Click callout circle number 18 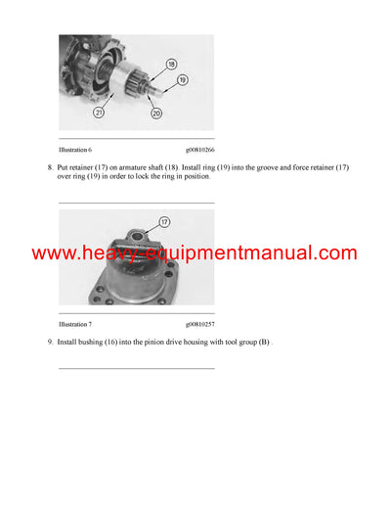coord(170,64)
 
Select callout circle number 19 coord(182,78)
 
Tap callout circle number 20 coord(156,114)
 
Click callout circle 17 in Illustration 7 coord(163,222)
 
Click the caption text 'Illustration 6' coord(78,150)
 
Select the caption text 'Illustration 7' coord(78,322)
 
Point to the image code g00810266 coord(199,150)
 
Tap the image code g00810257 coord(199,322)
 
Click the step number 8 coord(49,167)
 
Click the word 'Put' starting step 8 coord(64,167)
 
